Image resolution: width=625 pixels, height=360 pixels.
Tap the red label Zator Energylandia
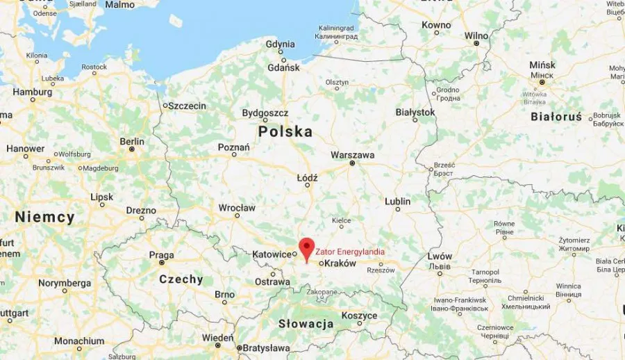[x=350, y=252]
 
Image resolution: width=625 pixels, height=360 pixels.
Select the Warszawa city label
[x=353, y=154]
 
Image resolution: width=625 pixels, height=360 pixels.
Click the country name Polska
[x=285, y=131]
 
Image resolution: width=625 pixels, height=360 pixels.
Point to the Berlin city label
[x=132, y=141]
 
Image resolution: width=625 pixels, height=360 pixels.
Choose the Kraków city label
[x=340, y=264]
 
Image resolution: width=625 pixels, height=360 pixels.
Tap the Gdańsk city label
[x=285, y=67]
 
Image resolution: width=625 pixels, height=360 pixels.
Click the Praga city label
[x=161, y=255]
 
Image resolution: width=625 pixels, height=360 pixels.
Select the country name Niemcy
[x=44, y=218]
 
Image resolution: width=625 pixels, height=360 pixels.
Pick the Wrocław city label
[x=237, y=208]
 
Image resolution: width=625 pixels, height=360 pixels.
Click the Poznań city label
[x=233, y=147]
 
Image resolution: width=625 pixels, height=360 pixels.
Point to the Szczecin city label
[x=187, y=106]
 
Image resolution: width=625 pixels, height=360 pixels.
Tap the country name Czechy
[x=181, y=279]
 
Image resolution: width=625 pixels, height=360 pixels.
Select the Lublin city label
[x=398, y=202]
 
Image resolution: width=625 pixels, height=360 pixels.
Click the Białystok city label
[x=415, y=112]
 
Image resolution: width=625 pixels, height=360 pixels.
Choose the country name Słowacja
[x=306, y=324]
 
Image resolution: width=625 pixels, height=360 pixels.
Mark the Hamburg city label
[x=33, y=92]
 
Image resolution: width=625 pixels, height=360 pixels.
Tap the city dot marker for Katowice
[x=294, y=254]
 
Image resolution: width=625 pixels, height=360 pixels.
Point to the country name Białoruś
[x=556, y=117]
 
